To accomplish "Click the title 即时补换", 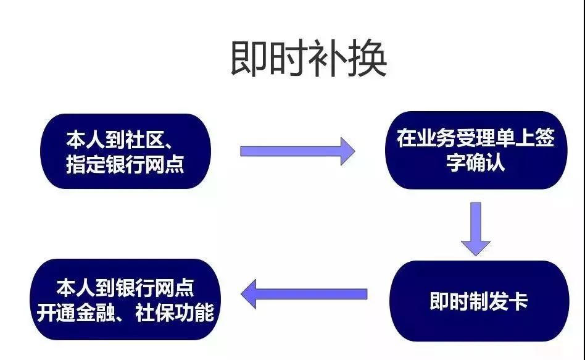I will point(309,60).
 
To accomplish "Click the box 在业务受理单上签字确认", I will point(476,150).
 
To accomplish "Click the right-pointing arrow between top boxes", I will point(297,151).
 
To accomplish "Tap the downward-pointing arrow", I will point(475,228).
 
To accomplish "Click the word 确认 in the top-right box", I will point(490,163).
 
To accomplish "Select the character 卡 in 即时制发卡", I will point(518,301).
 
